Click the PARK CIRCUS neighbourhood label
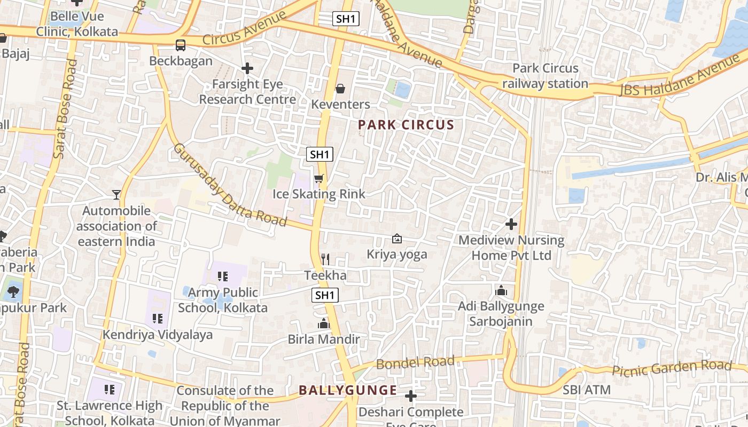[x=406, y=125]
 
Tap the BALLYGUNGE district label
[x=348, y=390]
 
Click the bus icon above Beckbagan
[x=181, y=45]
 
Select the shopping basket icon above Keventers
[x=340, y=89]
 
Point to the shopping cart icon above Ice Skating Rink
[x=319, y=178]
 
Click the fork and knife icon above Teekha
[x=325, y=259]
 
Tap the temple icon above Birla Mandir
[x=324, y=323]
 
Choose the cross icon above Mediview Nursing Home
[x=511, y=224]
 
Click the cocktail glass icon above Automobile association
[x=116, y=195]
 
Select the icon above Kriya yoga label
[x=397, y=239]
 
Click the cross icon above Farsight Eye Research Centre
[x=247, y=68]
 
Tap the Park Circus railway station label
[x=545, y=76]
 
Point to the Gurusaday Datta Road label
[x=230, y=185]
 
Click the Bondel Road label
[x=416, y=363]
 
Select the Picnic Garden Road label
[x=671, y=368]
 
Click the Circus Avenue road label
[x=244, y=29]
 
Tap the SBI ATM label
[x=586, y=390]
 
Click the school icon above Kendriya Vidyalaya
[x=158, y=319]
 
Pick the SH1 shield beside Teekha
[x=325, y=295]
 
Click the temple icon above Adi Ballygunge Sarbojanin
[x=501, y=291]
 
